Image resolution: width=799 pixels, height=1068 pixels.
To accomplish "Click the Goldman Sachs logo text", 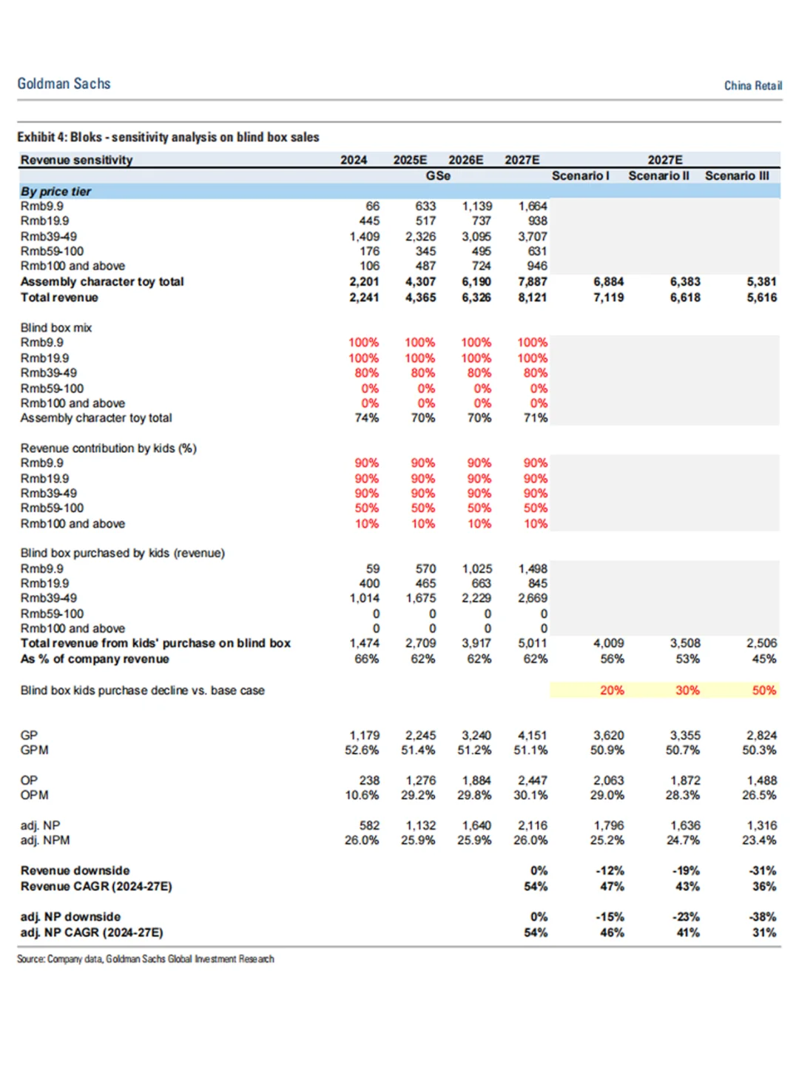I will [x=64, y=84].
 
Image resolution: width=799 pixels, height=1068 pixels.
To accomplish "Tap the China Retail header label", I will [x=752, y=86].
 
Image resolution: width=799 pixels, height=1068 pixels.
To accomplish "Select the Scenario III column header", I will [x=737, y=176].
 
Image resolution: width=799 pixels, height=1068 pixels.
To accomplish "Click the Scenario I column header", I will [x=581, y=176].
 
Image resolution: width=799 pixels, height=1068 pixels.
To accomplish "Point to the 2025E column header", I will [x=410, y=160].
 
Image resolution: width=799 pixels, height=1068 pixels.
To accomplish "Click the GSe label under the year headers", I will [x=438, y=176].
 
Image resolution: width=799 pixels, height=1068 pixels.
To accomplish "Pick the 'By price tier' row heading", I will [x=55, y=191].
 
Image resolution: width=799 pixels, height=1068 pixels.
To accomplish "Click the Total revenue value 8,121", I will [x=533, y=298].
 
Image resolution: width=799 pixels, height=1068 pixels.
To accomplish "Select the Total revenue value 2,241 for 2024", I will [x=364, y=298].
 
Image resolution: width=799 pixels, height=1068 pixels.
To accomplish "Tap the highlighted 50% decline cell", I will [x=764, y=691].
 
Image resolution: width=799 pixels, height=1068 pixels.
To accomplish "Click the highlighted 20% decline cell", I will [x=612, y=691].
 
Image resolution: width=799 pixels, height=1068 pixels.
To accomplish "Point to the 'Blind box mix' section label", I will [x=56, y=328].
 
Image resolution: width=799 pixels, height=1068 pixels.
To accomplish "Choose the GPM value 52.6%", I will [x=362, y=750].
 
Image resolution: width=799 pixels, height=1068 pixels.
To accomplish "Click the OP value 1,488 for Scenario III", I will [x=761, y=781].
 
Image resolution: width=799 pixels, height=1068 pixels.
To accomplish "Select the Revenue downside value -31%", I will [x=763, y=871].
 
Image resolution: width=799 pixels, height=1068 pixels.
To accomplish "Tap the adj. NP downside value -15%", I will [x=611, y=917].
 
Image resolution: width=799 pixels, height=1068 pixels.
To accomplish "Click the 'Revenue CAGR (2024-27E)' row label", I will [x=96, y=887].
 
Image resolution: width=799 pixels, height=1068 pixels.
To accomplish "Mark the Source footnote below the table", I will [x=146, y=959].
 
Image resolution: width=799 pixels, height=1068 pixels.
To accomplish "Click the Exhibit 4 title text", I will [x=168, y=137].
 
